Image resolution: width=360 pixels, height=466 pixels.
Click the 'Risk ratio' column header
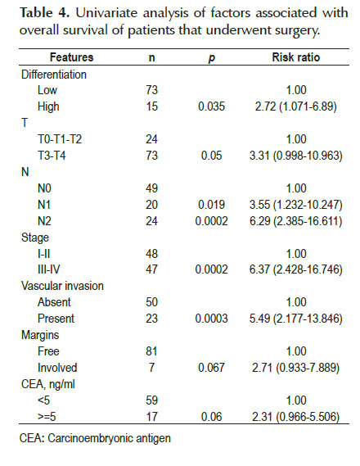(x=296, y=57)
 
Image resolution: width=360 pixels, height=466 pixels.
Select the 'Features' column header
(x=71, y=57)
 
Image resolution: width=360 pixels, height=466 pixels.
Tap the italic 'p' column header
(x=211, y=58)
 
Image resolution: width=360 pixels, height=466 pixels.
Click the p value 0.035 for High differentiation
(x=211, y=106)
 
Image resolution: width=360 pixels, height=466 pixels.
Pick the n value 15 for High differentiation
(x=151, y=106)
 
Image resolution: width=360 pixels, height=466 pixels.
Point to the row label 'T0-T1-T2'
(x=60, y=139)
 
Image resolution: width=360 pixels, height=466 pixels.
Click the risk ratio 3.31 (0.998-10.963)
(x=296, y=156)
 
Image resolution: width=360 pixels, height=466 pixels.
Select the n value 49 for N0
(x=151, y=188)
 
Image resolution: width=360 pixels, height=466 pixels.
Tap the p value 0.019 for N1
(x=211, y=205)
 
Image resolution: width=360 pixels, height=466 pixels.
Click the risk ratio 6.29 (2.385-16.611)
(x=296, y=221)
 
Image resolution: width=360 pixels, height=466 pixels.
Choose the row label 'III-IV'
(x=48, y=269)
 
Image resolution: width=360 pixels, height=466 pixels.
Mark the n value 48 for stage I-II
(x=151, y=254)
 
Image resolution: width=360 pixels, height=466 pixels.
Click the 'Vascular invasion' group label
(x=62, y=286)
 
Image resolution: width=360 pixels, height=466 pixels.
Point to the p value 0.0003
(x=211, y=319)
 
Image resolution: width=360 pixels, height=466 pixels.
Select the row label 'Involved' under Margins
(x=57, y=368)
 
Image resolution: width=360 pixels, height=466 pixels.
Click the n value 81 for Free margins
(x=151, y=351)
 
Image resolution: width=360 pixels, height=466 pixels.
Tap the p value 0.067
(x=211, y=368)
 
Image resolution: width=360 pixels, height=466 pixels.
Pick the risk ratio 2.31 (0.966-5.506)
(x=296, y=417)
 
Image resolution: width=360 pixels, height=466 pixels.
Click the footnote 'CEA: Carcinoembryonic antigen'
(x=95, y=439)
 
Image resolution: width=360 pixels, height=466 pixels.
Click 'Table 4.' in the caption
(x=45, y=13)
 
